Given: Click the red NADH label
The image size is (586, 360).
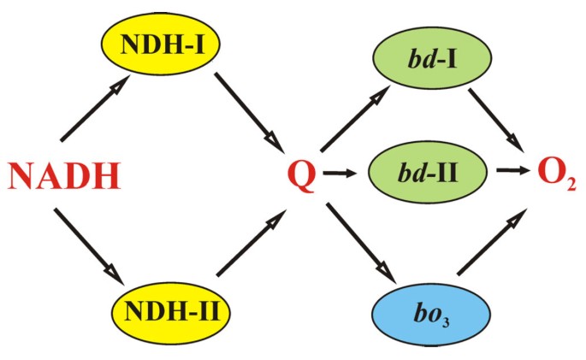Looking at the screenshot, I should click(64, 177).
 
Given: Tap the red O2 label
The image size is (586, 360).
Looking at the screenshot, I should click(555, 174).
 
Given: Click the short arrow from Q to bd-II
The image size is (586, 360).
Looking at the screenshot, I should click(340, 174).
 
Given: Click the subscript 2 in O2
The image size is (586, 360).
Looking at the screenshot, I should click(570, 183).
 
